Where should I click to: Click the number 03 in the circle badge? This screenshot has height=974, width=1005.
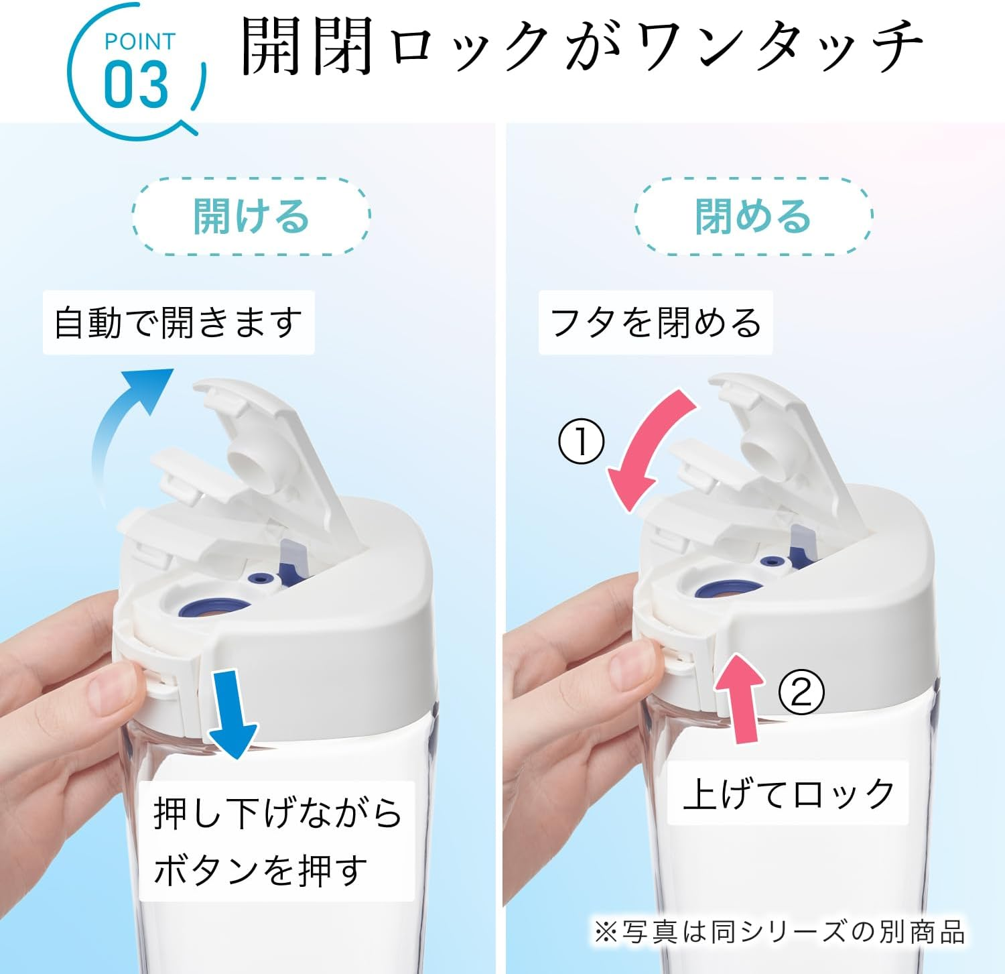136,84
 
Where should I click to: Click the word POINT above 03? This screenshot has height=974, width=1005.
139,42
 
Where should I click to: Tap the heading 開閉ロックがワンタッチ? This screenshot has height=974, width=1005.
581,46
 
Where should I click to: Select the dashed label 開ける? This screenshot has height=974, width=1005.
251,217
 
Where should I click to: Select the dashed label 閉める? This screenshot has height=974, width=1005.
753,217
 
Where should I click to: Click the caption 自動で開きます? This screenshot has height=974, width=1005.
178,322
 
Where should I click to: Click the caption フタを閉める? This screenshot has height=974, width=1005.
655,322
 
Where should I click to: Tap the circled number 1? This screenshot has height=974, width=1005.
582,442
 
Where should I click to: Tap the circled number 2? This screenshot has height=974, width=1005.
801,692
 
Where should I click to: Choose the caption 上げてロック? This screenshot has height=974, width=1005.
789,794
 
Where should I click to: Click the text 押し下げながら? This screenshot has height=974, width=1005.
277,812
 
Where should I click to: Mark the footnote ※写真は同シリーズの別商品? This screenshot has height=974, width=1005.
779,932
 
